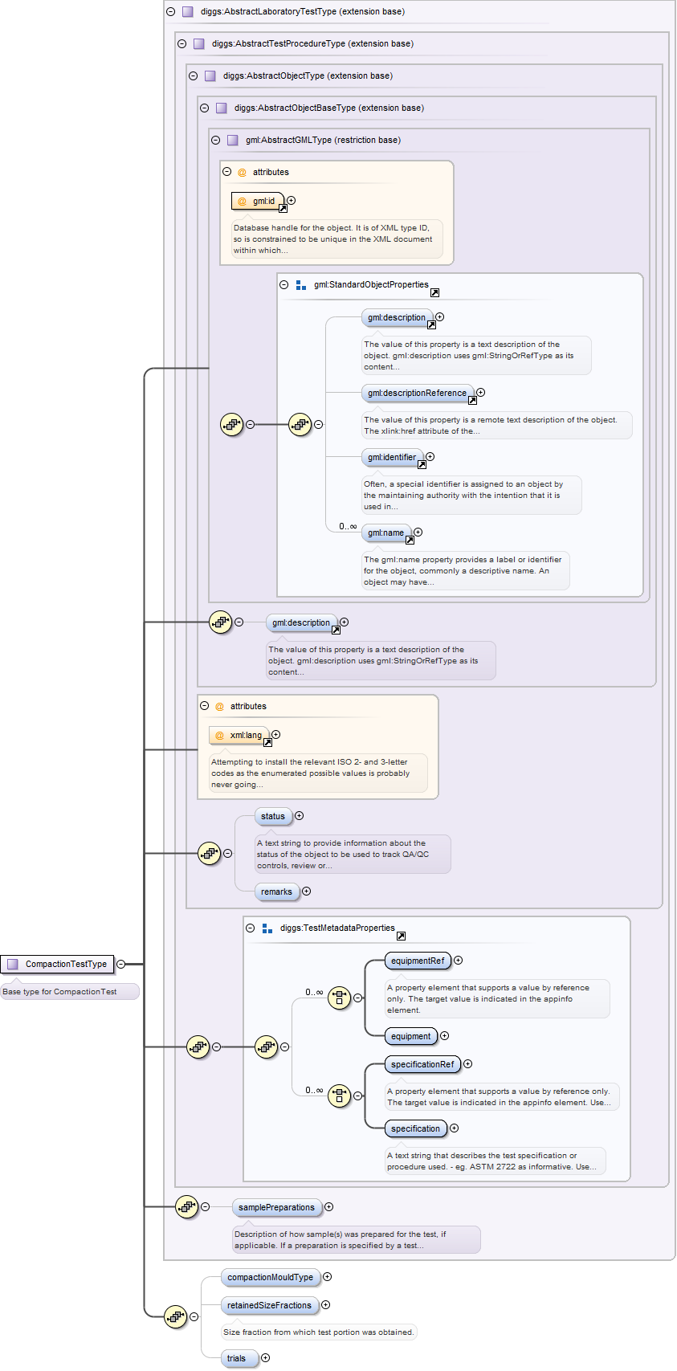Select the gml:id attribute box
(257, 201)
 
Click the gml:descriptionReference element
(417, 393)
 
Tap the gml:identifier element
(392, 457)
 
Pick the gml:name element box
(385, 532)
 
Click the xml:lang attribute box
(239, 735)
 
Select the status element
(273, 816)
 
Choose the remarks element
(276, 892)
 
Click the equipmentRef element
(417, 961)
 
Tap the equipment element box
(410, 1036)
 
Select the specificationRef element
(422, 1064)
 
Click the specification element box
(415, 1128)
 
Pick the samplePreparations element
(276, 1207)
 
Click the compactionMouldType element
(270, 1277)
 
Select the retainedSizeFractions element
(269, 1305)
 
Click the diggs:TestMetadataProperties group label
(337, 928)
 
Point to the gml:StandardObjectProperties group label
(371, 284)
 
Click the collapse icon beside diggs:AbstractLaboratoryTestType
(170, 11)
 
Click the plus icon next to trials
(266, 1358)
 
